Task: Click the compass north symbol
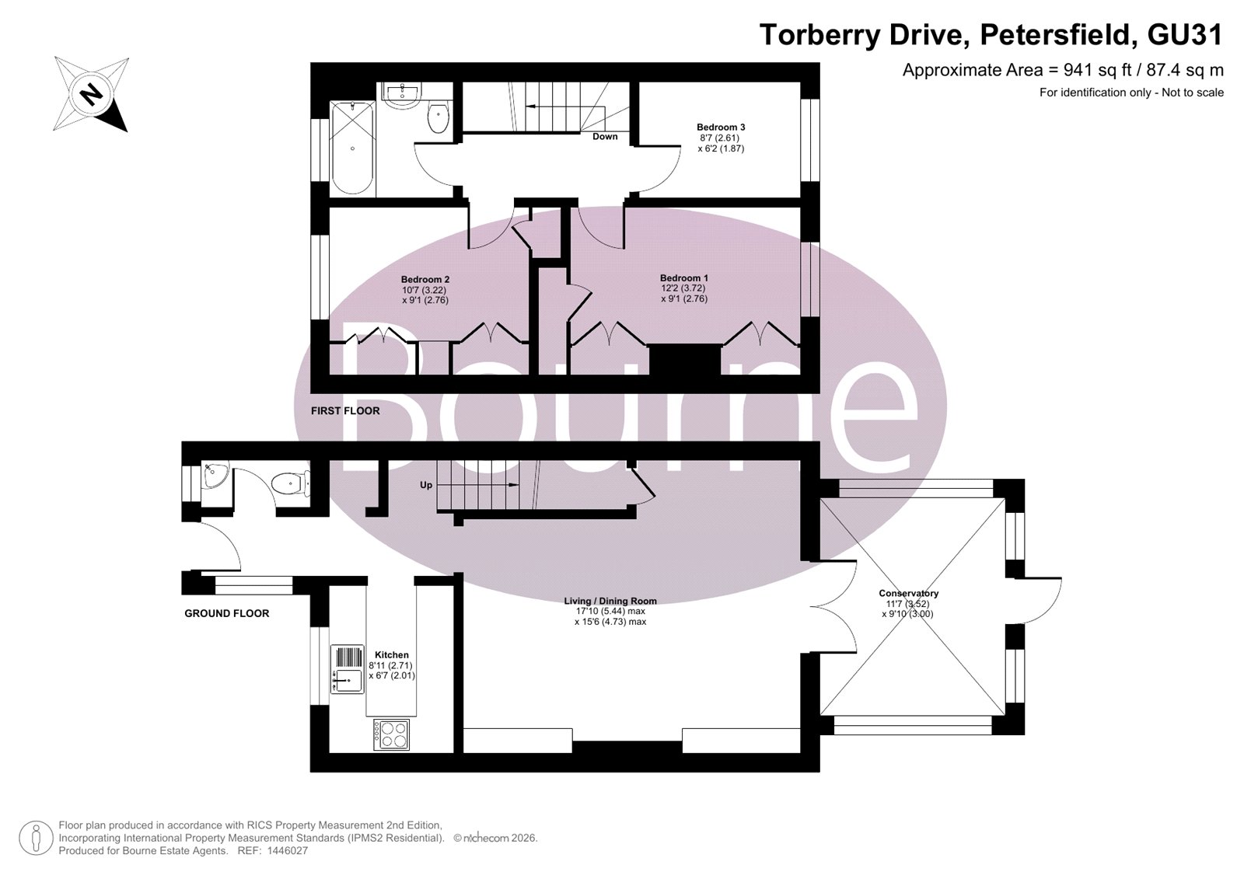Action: click(x=91, y=94)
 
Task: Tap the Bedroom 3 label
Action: click(x=721, y=127)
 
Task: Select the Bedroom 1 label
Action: click(x=683, y=277)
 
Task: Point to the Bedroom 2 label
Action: click(x=425, y=279)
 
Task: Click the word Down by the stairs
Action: click(x=605, y=137)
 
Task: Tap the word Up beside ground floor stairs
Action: click(x=426, y=485)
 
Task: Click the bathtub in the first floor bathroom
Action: click(x=353, y=148)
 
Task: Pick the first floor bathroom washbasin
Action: click(x=401, y=93)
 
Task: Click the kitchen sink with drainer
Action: click(x=348, y=668)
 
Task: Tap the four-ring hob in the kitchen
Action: click(x=392, y=734)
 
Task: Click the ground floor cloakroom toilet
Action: click(x=292, y=483)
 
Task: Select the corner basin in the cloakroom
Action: click(x=215, y=476)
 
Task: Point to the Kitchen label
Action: click(x=392, y=655)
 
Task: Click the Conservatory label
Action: click(x=909, y=594)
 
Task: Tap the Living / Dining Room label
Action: click(x=610, y=601)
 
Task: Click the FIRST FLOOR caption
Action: click(x=345, y=411)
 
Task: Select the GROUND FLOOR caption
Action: click(x=226, y=613)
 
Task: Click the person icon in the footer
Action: click(x=36, y=838)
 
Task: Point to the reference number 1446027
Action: click(x=287, y=851)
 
